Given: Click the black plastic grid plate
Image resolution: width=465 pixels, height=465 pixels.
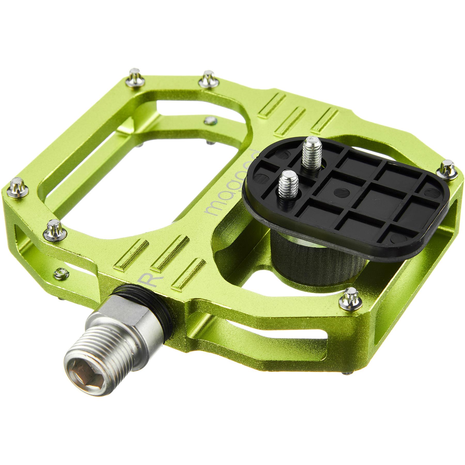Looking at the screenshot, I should click(362, 199).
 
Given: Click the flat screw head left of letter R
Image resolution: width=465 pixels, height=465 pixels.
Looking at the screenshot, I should click(61, 272).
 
